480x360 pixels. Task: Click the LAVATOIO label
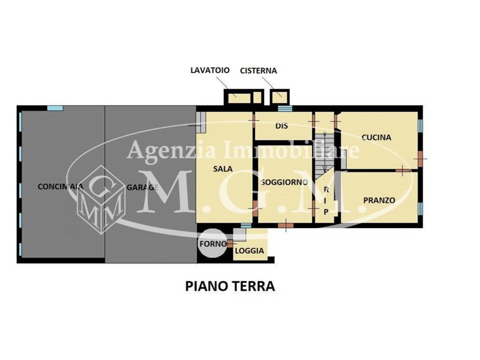[209, 70]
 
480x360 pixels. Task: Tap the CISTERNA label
[258, 71]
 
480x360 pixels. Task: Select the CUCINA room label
[376, 137]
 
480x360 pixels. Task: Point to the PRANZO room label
[379, 200]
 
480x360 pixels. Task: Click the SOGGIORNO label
[284, 182]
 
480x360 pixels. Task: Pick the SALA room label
[223, 169]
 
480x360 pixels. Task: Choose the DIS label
[281, 126]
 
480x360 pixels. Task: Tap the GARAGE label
[142, 187]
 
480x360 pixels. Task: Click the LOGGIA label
[249, 251]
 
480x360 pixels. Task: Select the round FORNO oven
[212, 244]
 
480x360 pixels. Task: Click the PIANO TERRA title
[230, 286]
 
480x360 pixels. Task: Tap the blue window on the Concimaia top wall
[55, 108]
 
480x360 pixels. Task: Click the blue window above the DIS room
[284, 108]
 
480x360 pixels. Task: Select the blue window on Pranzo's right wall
[421, 208]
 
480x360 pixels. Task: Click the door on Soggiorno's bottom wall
[286, 226]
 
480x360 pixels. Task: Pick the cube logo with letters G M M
[101, 199]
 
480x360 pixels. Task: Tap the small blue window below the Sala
[246, 226]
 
